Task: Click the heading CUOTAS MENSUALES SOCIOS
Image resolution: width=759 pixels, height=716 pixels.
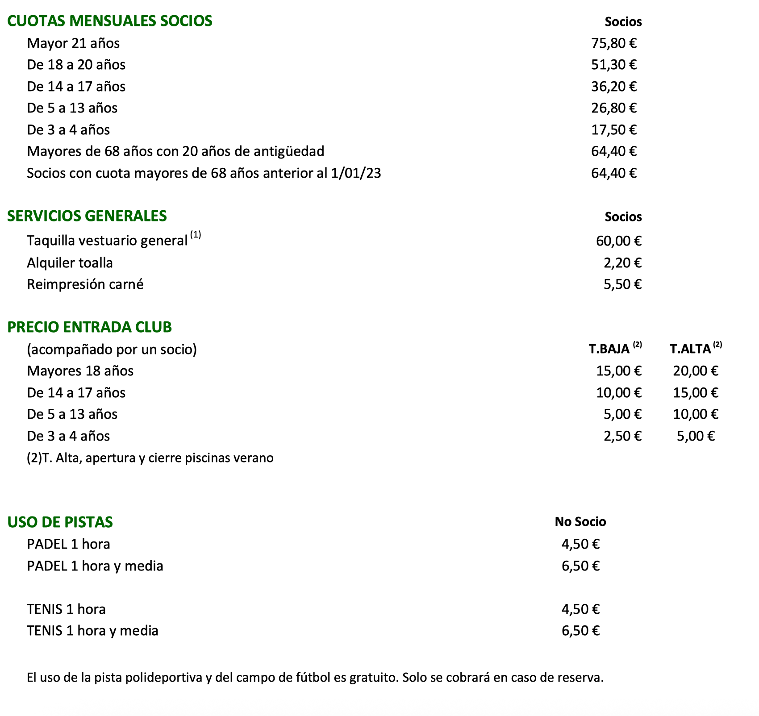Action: [110, 21]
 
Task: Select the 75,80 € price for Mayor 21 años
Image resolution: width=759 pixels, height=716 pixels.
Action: [614, 43]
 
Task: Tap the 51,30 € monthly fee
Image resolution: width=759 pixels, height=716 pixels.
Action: [614, 65]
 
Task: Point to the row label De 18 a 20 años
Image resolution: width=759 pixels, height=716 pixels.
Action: [76, 65]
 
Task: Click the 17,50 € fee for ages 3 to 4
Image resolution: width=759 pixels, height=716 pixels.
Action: [614, 130]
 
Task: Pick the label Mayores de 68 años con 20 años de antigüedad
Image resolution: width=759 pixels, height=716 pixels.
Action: [175, 151]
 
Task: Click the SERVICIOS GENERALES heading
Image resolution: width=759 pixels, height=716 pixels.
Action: [87, 216]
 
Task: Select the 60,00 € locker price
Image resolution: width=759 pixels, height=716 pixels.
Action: [619, 241]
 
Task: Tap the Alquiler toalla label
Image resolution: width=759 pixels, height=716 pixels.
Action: [70, 262]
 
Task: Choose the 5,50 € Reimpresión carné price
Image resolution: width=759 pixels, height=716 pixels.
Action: [622, 284]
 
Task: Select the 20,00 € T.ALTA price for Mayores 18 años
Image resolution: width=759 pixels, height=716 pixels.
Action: [696, 371]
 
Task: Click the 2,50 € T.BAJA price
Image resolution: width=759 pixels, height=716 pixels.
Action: [622, 436]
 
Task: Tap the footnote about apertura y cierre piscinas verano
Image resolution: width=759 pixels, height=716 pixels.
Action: [150, 458]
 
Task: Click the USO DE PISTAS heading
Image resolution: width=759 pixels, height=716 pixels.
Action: [60, 522]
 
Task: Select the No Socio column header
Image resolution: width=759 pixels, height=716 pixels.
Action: [580, 522]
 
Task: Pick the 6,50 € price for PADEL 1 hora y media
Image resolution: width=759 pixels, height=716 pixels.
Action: [580, 566]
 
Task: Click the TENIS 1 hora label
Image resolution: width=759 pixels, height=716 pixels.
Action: [66, 609]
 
